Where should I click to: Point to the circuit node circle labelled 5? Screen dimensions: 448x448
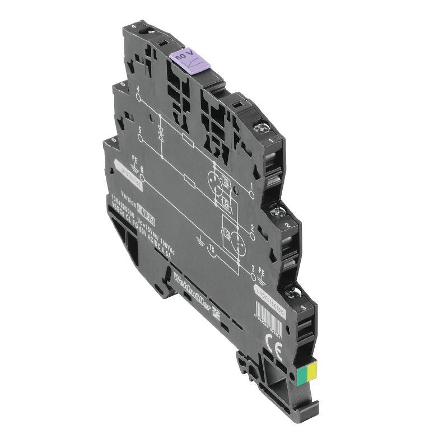coord(140,137)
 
